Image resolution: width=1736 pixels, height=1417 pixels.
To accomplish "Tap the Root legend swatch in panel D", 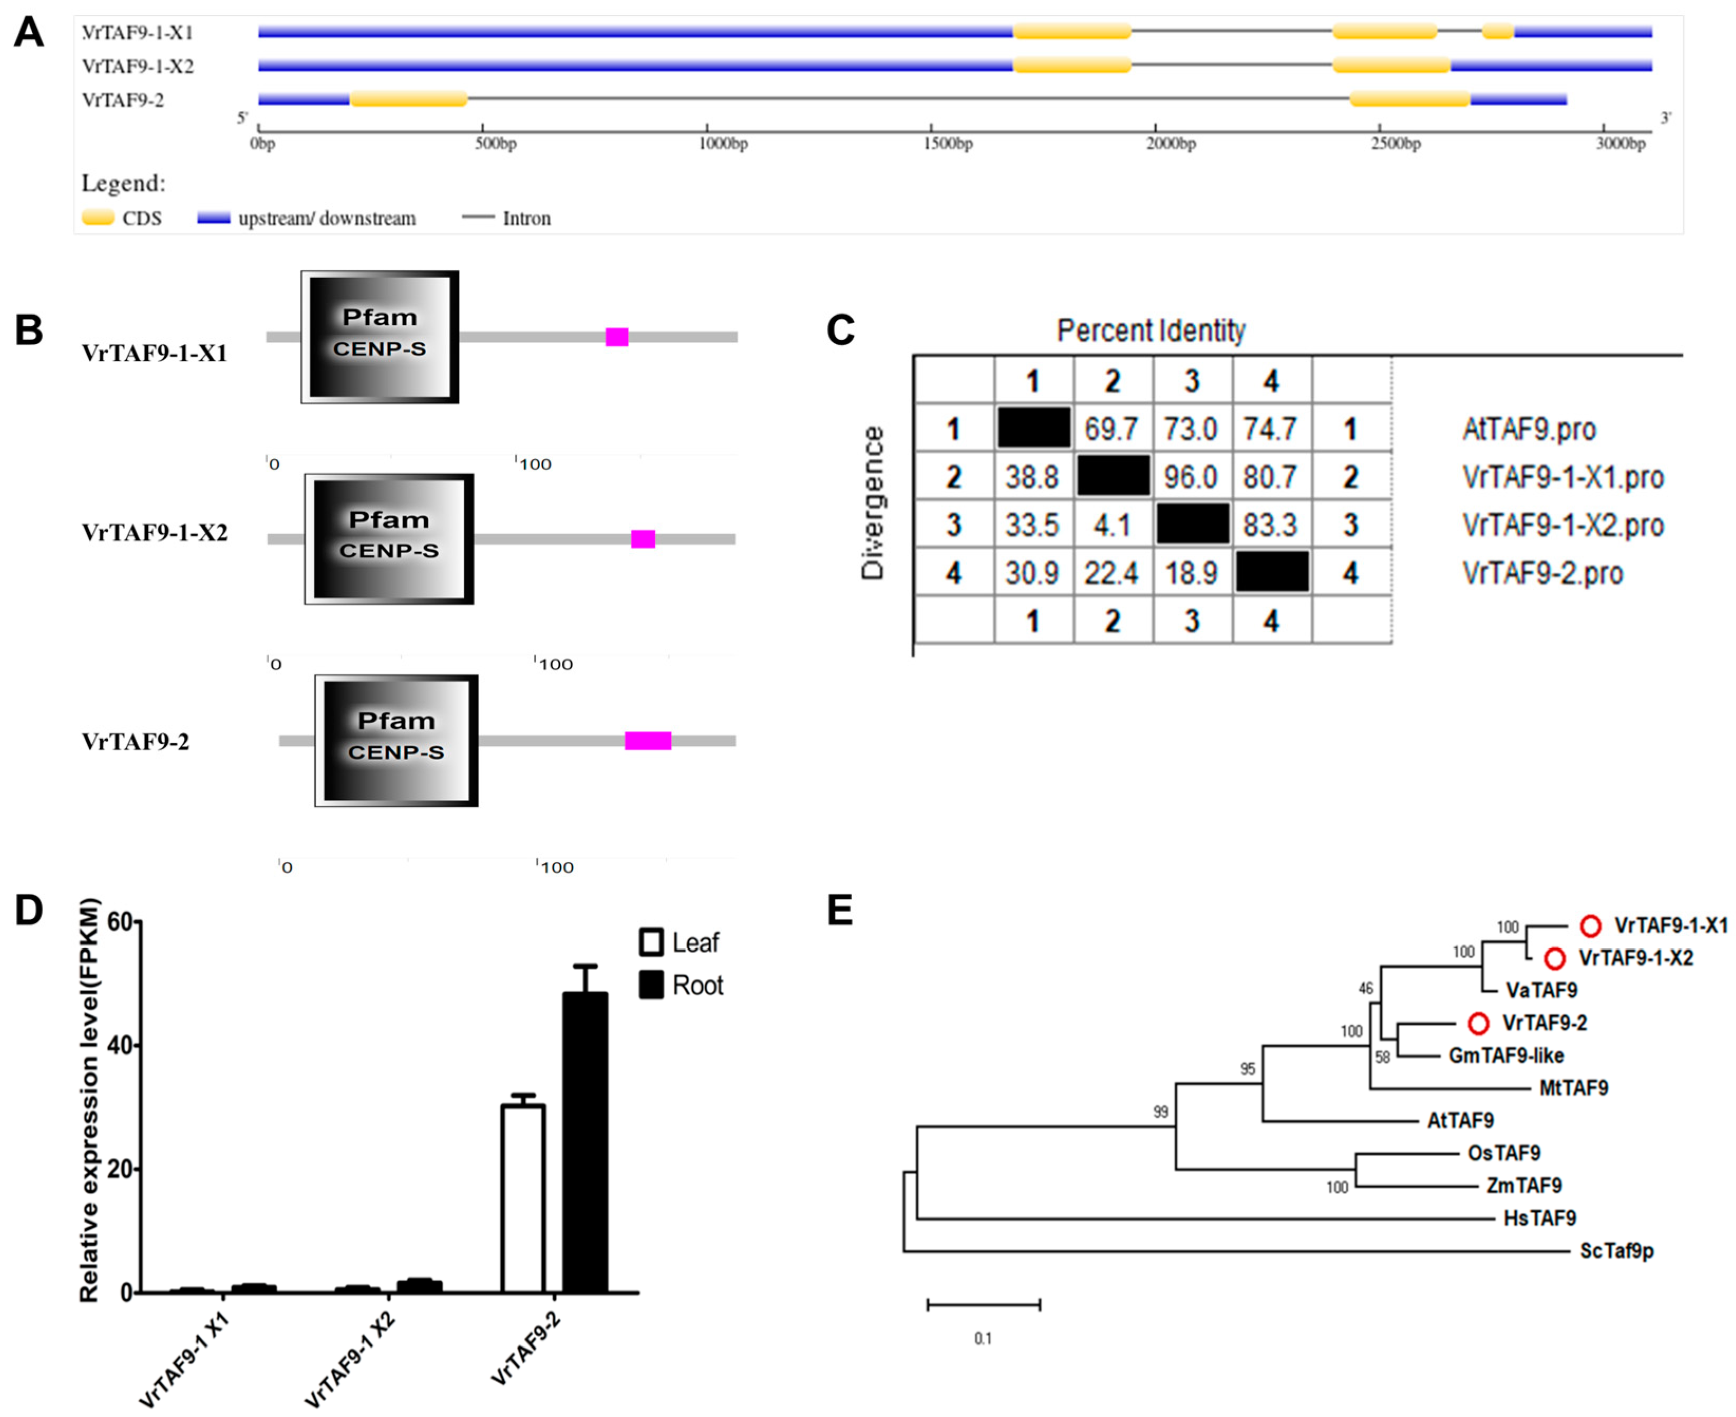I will click(x=650, y=985).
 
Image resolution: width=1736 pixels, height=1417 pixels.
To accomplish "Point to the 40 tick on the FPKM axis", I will click(x=119, y=1046).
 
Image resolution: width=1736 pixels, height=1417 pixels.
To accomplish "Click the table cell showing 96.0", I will click(x=1191, y=477).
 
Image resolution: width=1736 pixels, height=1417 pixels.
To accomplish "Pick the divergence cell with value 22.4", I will click(x=1111, y=573).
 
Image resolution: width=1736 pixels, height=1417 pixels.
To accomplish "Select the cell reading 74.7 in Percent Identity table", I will click(x=1270, y=429).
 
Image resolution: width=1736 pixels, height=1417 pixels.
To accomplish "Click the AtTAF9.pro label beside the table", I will click(x=1529, y=429).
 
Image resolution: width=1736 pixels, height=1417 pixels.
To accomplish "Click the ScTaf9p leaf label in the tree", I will click(x=1616, y=1251).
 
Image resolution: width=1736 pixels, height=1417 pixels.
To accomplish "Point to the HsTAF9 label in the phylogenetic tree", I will click(x=1539, y=1218).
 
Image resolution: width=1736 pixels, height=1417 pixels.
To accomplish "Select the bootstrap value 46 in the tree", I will click(x=1365, y=988).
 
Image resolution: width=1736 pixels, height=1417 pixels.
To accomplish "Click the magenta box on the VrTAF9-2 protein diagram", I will click(x=648, y=740).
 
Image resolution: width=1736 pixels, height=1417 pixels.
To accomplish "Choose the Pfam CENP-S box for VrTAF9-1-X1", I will click(x=380, y=336).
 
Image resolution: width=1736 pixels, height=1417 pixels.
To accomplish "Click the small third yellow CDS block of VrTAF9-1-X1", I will click(x=1498, y=32).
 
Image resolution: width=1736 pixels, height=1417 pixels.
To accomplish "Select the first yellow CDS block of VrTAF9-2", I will click(x=408, y=99).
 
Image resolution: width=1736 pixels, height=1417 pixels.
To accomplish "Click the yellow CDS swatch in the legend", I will click(x=98, y=218).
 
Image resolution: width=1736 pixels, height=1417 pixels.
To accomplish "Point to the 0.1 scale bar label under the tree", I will click(x=983, y=1339).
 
